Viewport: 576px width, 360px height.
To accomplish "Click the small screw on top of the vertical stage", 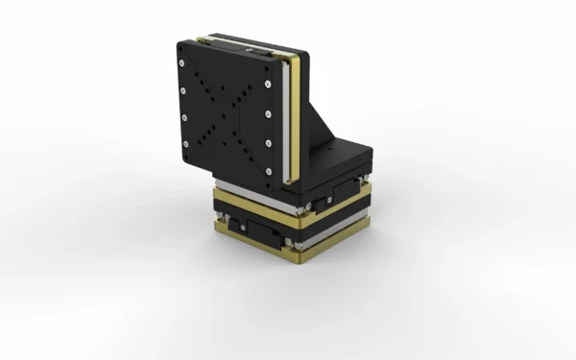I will pyautogui.click(x=249, y=45).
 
